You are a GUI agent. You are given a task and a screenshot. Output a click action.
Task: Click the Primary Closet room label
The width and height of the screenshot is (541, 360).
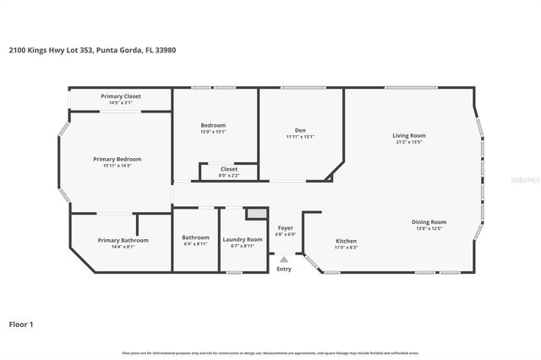121,96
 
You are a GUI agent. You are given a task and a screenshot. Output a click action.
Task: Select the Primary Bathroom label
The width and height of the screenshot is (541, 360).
123,240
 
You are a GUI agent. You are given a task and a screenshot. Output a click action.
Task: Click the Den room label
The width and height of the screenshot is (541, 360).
300,130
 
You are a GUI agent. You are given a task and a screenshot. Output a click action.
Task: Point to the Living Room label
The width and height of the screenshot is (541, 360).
408,135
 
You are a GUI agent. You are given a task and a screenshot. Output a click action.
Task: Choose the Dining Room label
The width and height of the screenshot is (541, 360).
429,222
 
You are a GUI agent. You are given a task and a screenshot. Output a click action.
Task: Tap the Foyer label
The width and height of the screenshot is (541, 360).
285,228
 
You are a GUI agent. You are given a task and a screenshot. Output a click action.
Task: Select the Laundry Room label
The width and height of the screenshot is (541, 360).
243,239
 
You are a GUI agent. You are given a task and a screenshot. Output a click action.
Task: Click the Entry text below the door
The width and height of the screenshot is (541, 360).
284,269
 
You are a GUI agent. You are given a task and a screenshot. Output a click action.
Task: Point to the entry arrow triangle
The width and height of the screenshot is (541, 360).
284,259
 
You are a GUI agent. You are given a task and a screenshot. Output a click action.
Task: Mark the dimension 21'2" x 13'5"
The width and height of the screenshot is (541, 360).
408,142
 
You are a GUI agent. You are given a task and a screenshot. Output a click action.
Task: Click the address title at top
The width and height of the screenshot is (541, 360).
92,50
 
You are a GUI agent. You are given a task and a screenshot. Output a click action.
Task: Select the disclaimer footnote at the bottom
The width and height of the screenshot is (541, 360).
270,352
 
